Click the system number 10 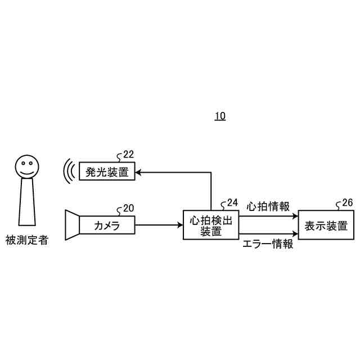tap(219, 116)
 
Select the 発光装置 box tap(107, 171)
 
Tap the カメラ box tap(107, 226)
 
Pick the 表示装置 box tap(326, 225)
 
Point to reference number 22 tap(128, 155)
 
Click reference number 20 tap(128, 209)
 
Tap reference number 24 tap(232, 202)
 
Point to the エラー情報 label tap(268, 244)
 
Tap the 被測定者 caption tap(27, 240)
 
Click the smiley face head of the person tap(26, 165)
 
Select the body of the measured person tap(26, 201)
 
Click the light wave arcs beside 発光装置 tap(69, 171)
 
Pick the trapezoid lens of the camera tap(72, 225)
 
